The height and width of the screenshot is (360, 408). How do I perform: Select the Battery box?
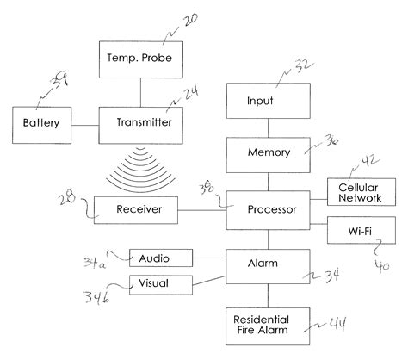40,123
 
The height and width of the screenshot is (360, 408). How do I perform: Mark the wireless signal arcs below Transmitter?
140,167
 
